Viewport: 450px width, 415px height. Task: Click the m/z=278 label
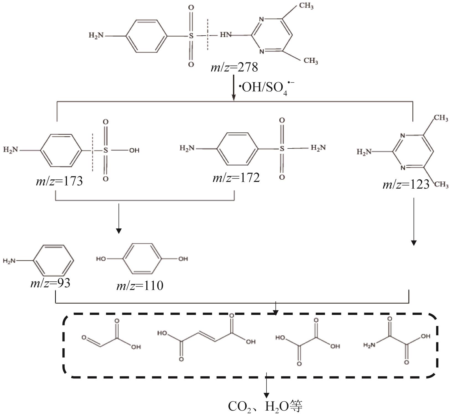[234, 67]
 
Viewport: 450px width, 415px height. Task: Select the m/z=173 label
[59, 181]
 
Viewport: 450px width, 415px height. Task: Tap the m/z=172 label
[236, 178]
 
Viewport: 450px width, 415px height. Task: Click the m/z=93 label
[50, 283]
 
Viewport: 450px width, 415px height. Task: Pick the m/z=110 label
[140, 286]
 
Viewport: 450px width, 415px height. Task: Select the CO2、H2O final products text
[265, 406]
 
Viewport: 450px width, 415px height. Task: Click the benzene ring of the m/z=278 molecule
[147, 36]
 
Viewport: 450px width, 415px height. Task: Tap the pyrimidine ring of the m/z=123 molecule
[413, 152]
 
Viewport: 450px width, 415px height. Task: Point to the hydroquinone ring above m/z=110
[142, 259]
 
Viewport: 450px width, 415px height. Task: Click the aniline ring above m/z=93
[53, 260]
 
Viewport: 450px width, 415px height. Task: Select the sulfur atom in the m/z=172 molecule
[282, 148]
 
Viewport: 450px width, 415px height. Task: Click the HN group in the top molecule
[226, 35]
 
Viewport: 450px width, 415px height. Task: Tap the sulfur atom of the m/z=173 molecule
[105, 150]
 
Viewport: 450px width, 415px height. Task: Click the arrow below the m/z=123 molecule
[413, 221]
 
